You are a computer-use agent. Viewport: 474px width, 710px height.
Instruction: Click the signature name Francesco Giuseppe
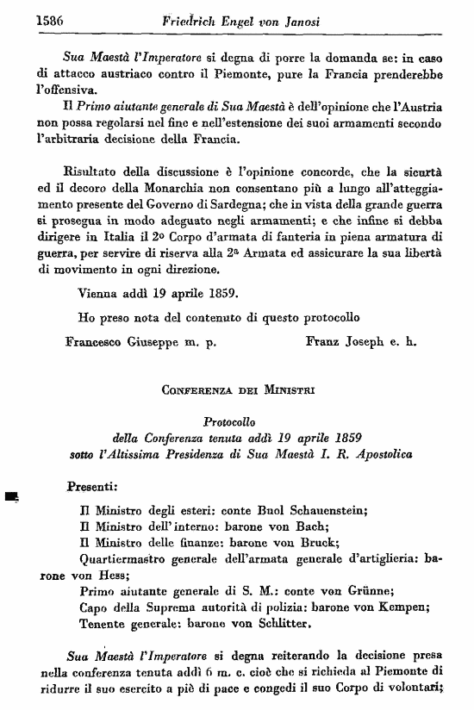tap(120, 340)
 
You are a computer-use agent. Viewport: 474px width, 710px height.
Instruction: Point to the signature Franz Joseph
tap(344, 340)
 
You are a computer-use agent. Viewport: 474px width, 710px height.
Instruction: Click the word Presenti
tap(91, 487)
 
